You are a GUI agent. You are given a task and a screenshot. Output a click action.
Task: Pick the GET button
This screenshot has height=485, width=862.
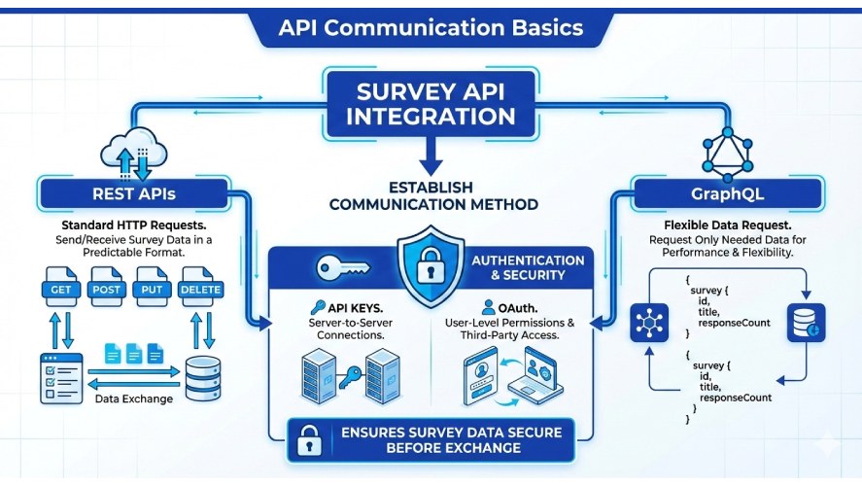point(60,290)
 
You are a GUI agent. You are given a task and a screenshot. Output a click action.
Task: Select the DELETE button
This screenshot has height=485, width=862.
point(200,290)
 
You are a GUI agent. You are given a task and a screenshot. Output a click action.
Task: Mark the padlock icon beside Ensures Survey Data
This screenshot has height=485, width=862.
point(309,439)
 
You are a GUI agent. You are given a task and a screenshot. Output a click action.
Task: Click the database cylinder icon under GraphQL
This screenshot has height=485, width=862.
point(806,321)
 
